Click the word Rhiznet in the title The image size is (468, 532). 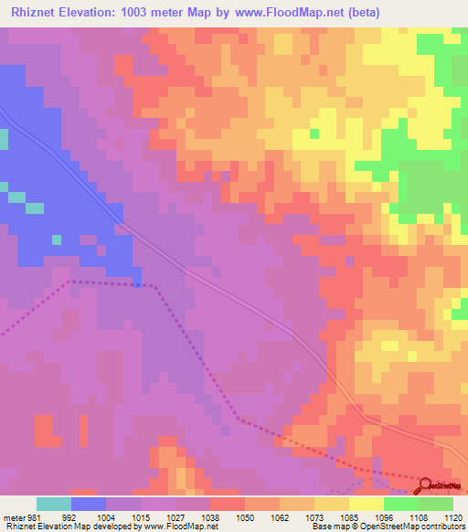28,12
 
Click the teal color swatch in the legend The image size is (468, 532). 54,504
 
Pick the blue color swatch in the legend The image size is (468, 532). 89,504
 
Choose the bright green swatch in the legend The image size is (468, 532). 400,504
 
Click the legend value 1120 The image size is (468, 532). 454,516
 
